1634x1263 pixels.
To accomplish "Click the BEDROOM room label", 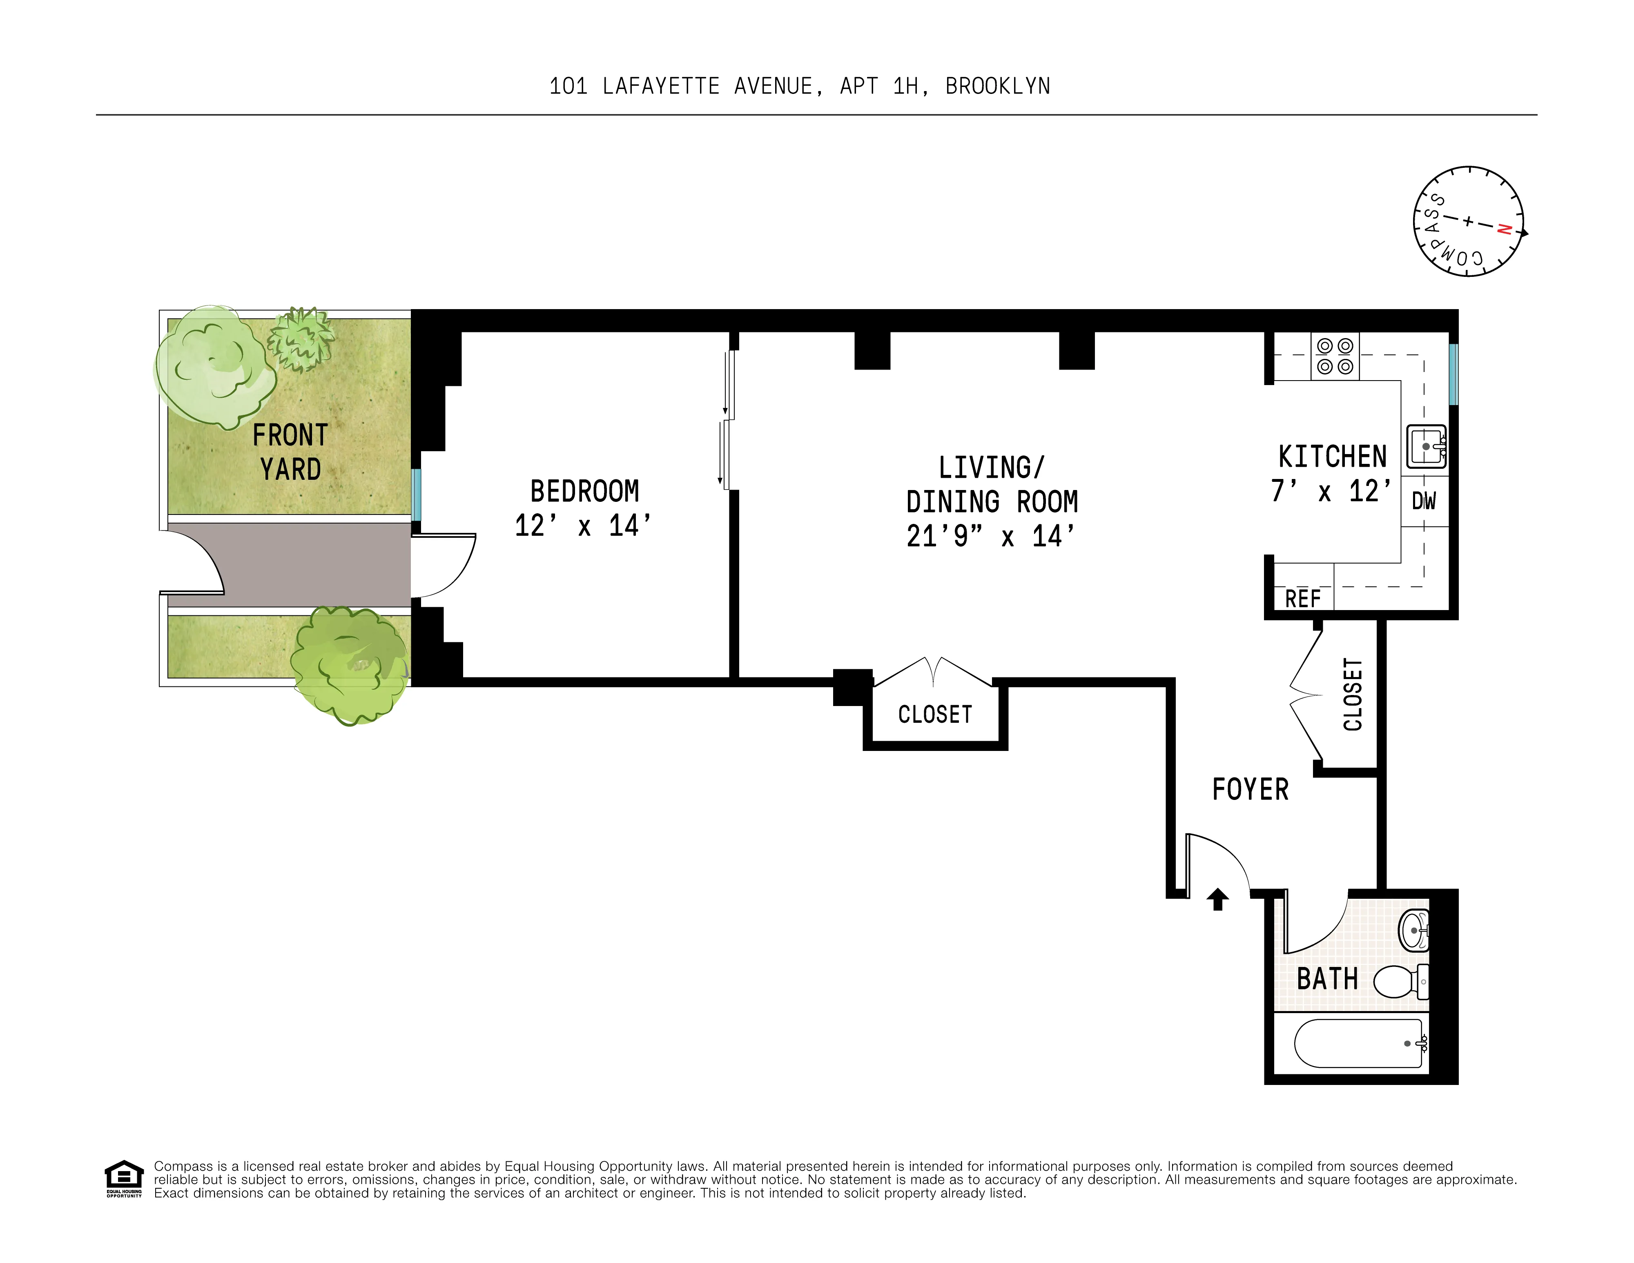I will (x=584, y=492).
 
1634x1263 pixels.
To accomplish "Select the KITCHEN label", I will (x=1332, y=457).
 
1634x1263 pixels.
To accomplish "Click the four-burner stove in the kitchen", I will (x=1335, y=356).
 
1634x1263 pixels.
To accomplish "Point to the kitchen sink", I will (x=1426, y=447).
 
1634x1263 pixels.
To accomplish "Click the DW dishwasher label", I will (x=1424, y=501).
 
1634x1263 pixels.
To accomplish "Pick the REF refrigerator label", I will (x=1302, y=599).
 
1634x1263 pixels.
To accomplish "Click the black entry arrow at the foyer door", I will (x=1218, y=899).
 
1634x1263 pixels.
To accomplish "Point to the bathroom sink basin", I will (x=1414, y=931).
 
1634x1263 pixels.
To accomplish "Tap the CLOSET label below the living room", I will (x=934, y=715).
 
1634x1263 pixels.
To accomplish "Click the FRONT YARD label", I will (x=290, y=452).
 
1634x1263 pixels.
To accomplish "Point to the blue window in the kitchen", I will (x=1453, y=374).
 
